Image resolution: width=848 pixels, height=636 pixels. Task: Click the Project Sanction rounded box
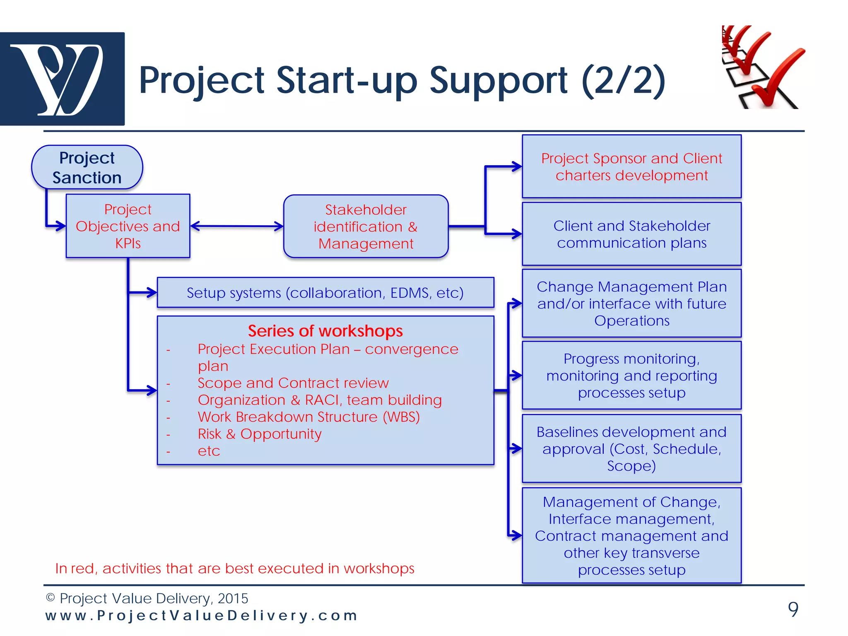pos(87,167)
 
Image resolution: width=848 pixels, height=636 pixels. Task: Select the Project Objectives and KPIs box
pos(128,226)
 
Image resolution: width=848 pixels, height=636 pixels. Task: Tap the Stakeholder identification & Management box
pos(366,226)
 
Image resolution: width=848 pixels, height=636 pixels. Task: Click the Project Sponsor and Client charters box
pos(631,166)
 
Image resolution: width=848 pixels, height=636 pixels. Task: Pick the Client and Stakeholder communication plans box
pos(631,234)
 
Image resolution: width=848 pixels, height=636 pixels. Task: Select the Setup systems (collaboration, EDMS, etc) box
pos(325,293)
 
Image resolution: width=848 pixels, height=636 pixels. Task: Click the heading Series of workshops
pos(325,331)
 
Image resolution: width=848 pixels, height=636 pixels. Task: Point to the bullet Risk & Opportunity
pos(259,434)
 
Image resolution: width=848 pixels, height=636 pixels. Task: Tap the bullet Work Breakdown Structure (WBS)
pos(308,417)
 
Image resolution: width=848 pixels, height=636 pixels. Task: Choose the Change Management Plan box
pos(631,304)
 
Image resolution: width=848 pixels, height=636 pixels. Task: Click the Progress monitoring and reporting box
pos(631,376)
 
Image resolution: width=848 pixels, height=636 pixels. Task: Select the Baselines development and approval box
pos(631,449)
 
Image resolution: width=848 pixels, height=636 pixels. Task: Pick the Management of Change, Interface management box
pos(631,535)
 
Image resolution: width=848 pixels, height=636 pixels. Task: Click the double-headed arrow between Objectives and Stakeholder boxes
pos(237,226)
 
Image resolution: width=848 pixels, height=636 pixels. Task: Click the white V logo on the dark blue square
pos(62,79)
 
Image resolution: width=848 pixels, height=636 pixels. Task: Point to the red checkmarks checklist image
pos(763,67)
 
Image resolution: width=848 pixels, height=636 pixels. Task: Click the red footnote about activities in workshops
pos(234,569)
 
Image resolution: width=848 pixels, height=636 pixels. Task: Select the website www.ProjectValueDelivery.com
pos(201,616)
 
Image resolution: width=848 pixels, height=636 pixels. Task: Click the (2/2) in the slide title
pos(623,80)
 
